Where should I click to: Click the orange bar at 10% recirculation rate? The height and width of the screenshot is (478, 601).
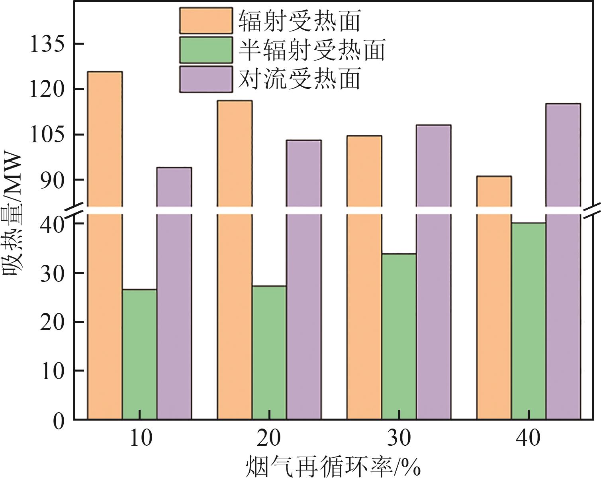coord(105,247)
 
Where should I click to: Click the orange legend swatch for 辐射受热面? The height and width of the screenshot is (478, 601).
coord(206,20)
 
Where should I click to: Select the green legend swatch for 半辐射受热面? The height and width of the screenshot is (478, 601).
coord(206,50)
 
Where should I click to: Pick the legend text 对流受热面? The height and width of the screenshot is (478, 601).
coord(300,79)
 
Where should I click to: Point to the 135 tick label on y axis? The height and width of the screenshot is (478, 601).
coord(47,44)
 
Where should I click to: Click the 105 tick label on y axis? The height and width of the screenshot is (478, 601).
coord(47,135)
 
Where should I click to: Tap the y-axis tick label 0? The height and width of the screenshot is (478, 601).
coord(58,421)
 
